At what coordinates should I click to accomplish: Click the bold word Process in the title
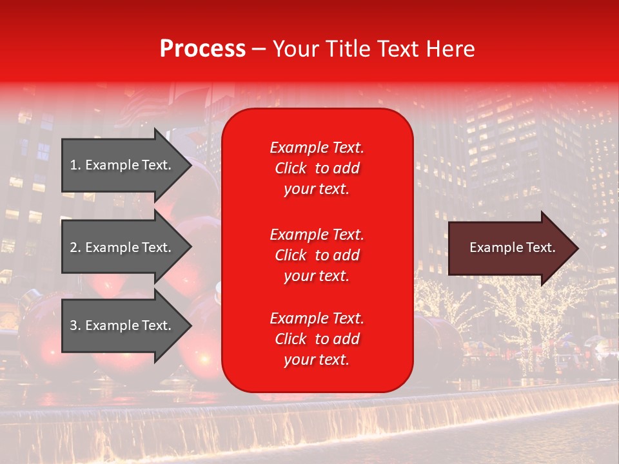[202, 49]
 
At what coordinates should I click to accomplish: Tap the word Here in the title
[451, 49]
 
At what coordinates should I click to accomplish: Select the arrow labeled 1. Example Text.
[123, 165]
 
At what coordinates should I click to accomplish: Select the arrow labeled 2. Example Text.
[123, 247]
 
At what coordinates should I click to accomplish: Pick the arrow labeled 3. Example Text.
[123, 325]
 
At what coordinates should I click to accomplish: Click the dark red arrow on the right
[509, 247]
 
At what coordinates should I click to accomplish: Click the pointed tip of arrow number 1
[189, 165]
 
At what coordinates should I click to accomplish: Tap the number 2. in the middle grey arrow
[75, 247]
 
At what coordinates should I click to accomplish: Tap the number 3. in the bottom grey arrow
[75, 325]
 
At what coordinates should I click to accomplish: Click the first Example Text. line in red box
[317, 148]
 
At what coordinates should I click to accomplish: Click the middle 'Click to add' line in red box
[317, 255]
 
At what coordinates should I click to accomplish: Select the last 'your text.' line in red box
[317, 360]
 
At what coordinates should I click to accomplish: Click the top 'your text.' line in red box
[317, 189]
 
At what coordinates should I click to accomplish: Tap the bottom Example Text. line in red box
[317, 318]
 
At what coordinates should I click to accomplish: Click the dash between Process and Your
[259, 50]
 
